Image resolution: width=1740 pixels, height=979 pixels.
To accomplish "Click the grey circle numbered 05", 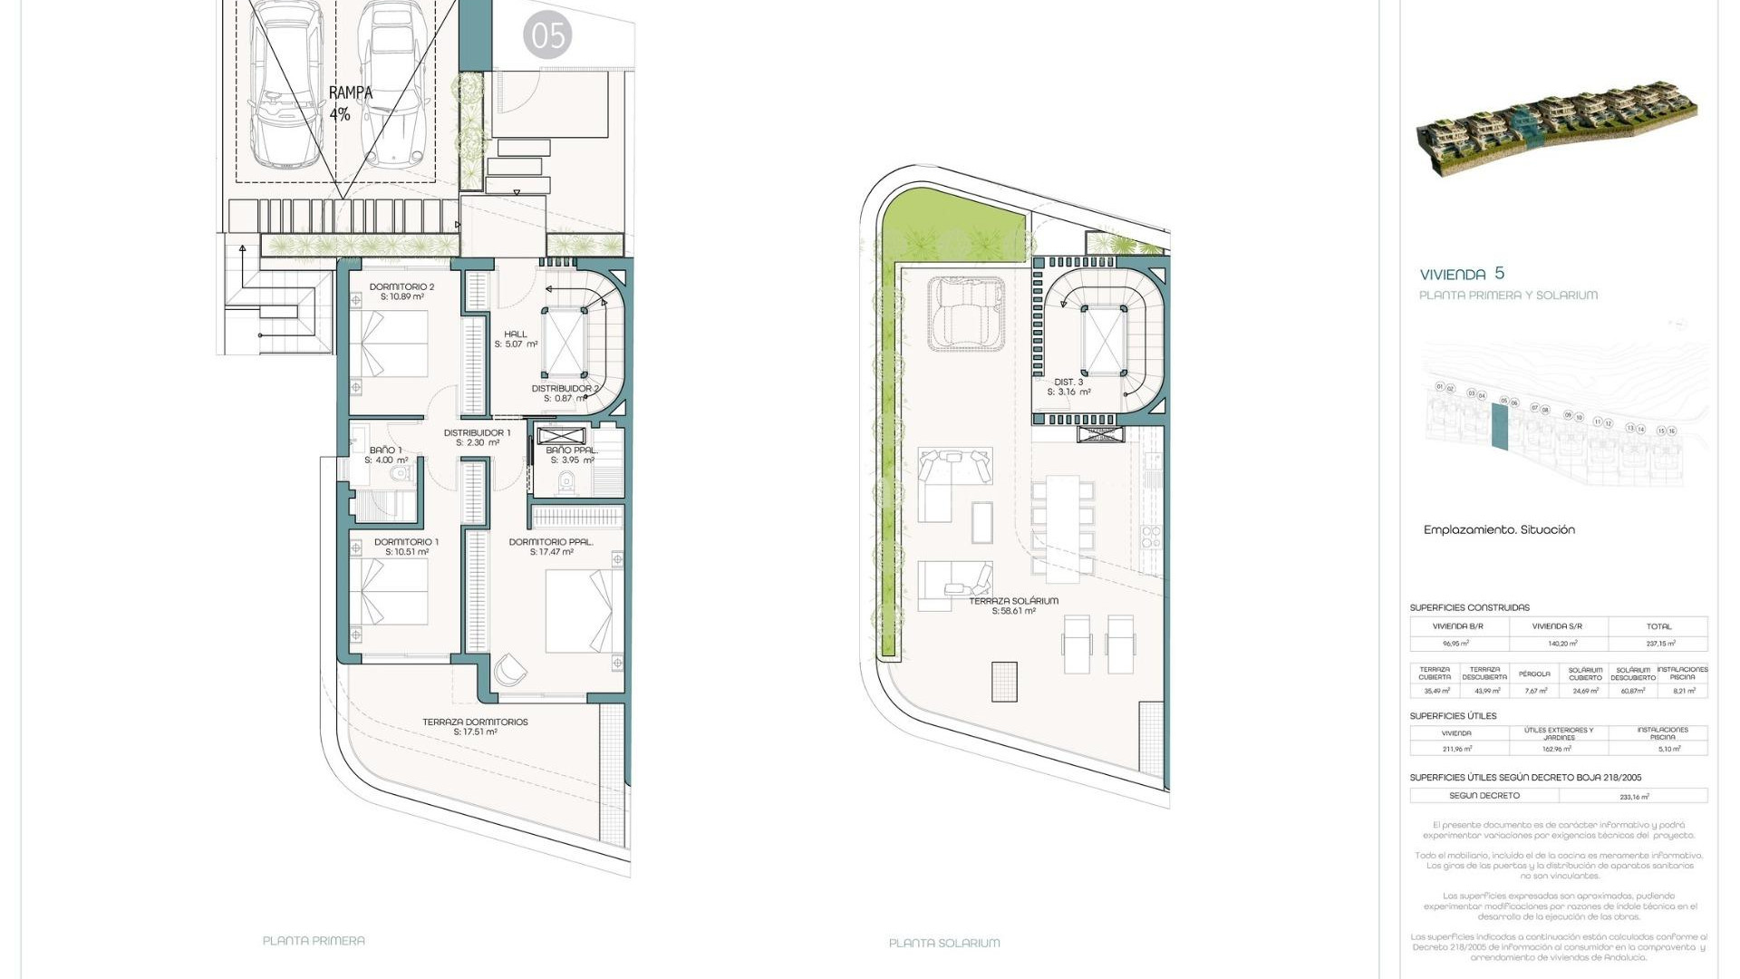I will [x=547, y=36].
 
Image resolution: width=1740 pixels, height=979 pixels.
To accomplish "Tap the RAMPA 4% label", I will [x=349, y=103].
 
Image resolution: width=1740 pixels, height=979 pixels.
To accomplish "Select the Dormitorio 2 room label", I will [x=401, y=292].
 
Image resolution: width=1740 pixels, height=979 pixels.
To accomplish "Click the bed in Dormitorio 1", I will [x=390, y=591].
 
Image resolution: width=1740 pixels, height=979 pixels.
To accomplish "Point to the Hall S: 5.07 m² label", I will [x=516, y=339].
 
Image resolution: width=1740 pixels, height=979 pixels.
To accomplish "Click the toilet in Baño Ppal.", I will [x=568, y=481].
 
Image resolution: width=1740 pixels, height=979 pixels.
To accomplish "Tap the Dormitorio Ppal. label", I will [x=551, y=547].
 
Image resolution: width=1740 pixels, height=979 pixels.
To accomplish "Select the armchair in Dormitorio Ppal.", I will [x=510, y=671].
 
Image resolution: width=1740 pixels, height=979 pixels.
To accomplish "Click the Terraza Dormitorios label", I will [x=475, y=727].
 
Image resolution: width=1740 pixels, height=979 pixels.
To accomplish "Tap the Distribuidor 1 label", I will [x=477, y=438].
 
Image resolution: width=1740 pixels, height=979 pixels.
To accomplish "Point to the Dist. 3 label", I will [x=1068, y=387].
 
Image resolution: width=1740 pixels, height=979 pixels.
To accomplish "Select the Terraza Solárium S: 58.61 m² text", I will [x=1013, y=606].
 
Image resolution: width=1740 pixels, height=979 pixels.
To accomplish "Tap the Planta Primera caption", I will [x=314, y=941].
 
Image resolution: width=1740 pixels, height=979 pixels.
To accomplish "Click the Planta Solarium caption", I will [x=944, y=943].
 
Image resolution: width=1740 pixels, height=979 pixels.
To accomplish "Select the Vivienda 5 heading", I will [x=1462, y=274].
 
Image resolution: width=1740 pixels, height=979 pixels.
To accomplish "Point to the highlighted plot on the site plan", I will [x=1500, y=425].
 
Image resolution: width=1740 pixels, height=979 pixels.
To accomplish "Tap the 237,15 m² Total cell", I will [x=1658, y=643].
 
